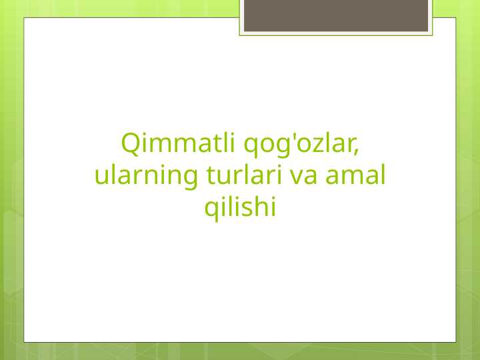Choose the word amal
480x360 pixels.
pyautogui.click(x=355, y=175)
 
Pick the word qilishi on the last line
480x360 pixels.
pyautogui.click(x=240, y=208)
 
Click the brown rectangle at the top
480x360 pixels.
pyautogui.click(x=335, y=15)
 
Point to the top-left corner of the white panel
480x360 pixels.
pyautogui.click(x=25, y=18)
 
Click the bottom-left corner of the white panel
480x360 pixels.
pyautogui.click(x=25, y=342)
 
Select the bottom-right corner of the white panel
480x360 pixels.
pyautogui.click(x=455, y=342)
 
